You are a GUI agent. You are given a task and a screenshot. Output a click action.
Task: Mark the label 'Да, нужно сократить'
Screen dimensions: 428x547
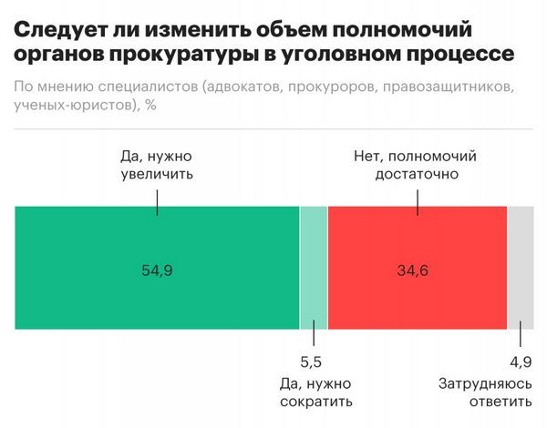[314, 392]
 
